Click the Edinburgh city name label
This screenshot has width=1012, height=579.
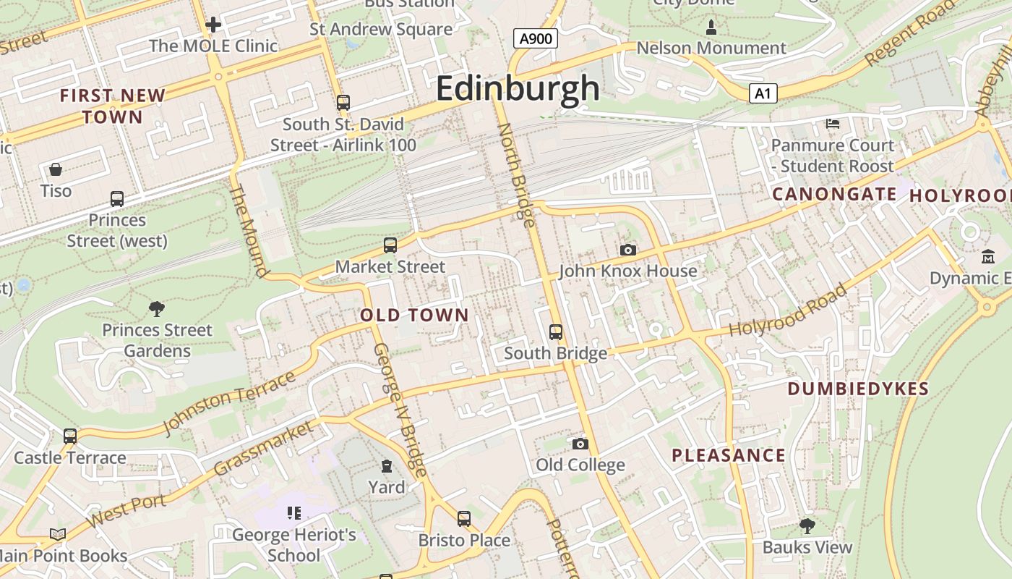(x=518, y=89)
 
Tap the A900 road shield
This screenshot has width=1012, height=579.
(x=536, y=38)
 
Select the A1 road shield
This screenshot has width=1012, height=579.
(x=763, y=93)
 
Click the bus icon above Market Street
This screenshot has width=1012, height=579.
(x=390, y=245)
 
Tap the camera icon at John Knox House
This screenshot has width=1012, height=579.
(x=628, y=250)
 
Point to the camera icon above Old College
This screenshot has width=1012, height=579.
(x=580, y=444)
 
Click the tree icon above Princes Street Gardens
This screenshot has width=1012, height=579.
(x=156, y=310)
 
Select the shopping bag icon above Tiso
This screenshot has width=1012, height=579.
(x=56, y=170)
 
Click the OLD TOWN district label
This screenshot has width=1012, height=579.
(x=415, y=315)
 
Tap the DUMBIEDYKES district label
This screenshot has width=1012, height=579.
(x=858, y=389)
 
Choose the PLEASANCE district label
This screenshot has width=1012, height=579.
(x=729, y=455)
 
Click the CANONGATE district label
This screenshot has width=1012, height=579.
(x=834, y=194)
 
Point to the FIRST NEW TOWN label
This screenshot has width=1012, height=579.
(x=113, y=106)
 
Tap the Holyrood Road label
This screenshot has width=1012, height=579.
(x=787, y=310)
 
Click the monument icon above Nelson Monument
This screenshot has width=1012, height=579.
(x=711, y=28)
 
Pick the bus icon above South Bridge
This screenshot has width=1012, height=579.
(x=555, y=332)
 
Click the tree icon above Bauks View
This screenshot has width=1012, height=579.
(x=807, y=526)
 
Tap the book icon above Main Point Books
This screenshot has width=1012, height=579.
(x=58, y=535)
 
